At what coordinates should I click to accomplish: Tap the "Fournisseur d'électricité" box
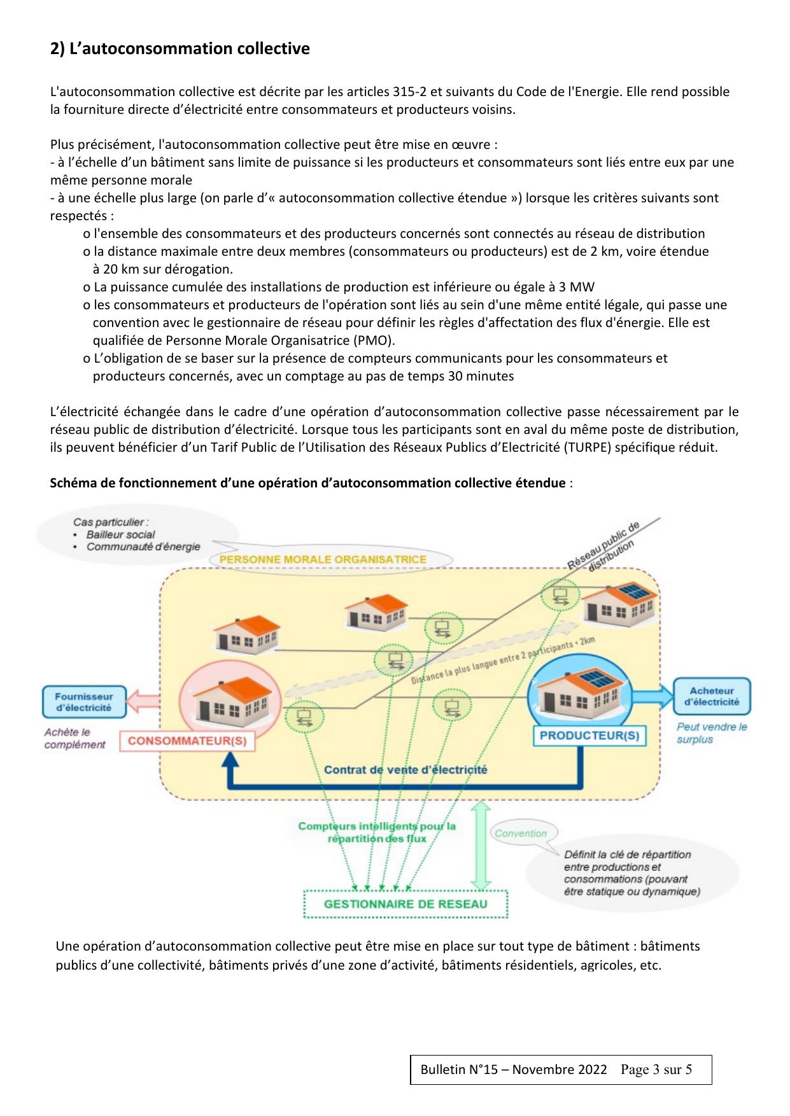coord(83,702)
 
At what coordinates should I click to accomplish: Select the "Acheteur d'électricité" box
coord(712,697)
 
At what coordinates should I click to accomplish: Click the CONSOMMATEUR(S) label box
coord(187,741)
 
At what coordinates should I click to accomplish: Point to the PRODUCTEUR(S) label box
coord(589,736)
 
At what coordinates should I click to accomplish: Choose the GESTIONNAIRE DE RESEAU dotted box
coord(406,904)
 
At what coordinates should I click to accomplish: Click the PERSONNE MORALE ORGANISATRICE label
coord(323,559)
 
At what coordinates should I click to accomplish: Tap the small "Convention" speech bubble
coord(521,834)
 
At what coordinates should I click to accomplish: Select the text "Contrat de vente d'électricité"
coord(406,770)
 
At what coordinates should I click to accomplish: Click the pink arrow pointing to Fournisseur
coord(143,702)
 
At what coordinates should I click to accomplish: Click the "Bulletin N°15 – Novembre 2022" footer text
coord(514,1070)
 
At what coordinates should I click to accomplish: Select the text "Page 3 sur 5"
coord(656,1070)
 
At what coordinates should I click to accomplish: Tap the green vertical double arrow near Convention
coord(482,846)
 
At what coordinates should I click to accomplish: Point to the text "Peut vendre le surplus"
coord(712,733)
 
